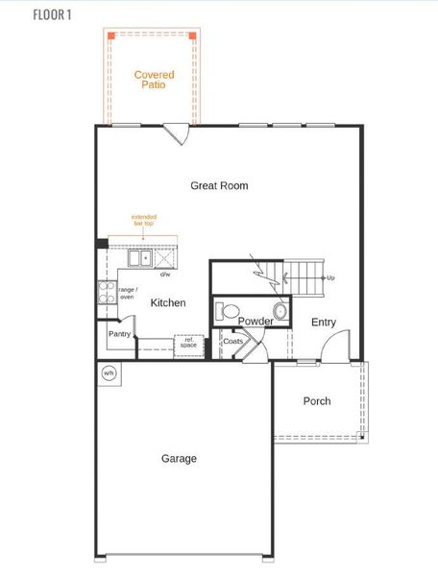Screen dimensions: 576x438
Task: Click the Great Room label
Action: pos(219,185)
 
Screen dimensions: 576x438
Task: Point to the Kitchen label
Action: pos(168,302)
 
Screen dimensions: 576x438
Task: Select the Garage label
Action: pos(180,459)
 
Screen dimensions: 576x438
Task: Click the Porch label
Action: pos(317,401)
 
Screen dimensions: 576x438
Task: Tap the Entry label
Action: pos(325,323)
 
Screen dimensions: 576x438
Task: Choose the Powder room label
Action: pos(255,322)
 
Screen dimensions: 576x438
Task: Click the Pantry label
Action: pos(119,334)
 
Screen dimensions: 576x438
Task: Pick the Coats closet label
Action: pos(232,341)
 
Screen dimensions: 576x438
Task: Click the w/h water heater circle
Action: pos(108,372)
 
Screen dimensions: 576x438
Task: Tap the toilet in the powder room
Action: pos(228,311)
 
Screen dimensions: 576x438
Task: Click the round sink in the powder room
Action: pos(280,310)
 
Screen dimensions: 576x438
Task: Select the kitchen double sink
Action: pos(140,257)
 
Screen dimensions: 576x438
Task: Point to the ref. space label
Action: pos(188,342)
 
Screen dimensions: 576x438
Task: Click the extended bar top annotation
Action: pos(144,220)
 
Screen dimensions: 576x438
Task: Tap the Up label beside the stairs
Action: pos(330,277)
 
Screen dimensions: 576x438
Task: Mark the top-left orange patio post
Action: pos(111,35)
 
